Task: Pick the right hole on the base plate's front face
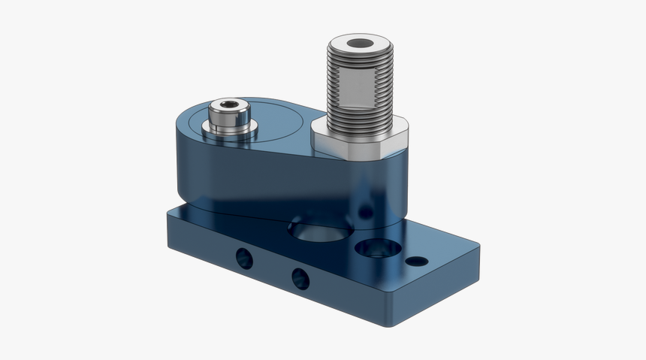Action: coord(300,278)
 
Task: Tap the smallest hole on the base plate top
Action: coord(416,262)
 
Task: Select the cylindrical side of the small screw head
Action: coord(228,120)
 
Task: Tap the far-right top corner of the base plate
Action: coord(478,244)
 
